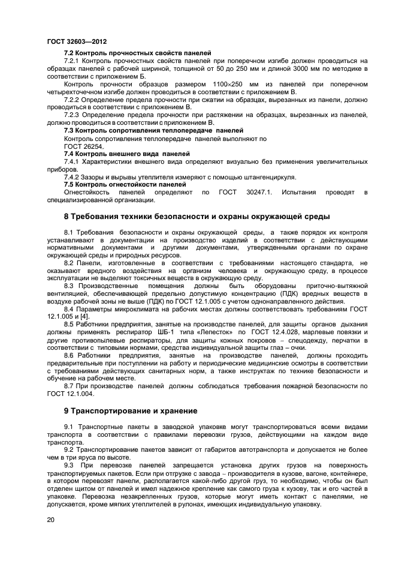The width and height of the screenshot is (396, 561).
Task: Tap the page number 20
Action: click(x=50, y=520)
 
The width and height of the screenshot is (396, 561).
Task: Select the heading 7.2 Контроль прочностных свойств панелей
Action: click(x=137, y=53)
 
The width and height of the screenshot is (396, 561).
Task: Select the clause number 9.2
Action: click(x=69, y=449)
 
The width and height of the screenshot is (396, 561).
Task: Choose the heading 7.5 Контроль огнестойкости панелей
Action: click(x=125, y=184)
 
